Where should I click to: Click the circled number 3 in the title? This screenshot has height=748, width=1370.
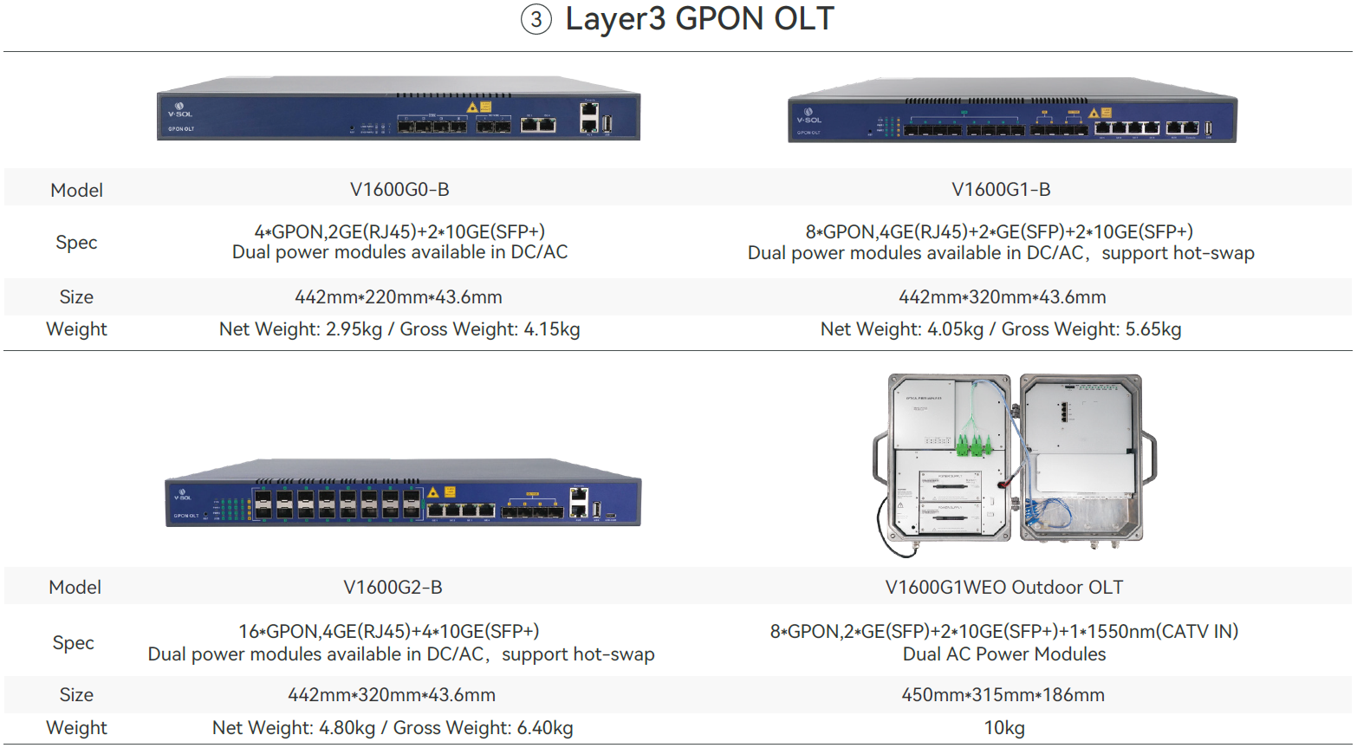pyautogui.click(x=536, y=19)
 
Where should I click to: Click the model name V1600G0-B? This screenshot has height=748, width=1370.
pyautogui.click(x=399, y=189)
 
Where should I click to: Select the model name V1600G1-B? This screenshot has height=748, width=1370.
pyautogui.click(x=1001, y=189)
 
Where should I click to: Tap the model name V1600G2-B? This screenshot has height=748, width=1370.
pyautogui.click(x=393, y=587)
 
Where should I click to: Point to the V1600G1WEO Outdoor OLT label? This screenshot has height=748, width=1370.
pyautogui.click(x=1003, y=587)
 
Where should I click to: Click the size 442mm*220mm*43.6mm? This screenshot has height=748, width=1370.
pyautogui.click(x=399, y=296)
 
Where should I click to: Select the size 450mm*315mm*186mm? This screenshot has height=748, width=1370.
pyautogui.click(x=1003, y=694)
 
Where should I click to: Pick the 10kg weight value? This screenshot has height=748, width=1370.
pyautogui.click(x=1003, y=727)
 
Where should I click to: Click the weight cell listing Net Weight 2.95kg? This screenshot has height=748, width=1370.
pyautogui.click(x=399, y=328)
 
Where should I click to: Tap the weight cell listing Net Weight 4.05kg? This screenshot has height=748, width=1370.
pyautogui.click(x=1001, y=328)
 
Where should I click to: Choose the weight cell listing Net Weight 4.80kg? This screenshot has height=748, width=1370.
pyautogui.click(x=393, y=727)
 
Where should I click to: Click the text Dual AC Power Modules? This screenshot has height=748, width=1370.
pyautogui.click(x=1003, y=654)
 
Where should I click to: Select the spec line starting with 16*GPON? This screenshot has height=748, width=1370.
pyautogui.click(x=389, y=631)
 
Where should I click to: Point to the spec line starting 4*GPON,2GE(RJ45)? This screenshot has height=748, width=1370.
pyautogui.click(x=399, y=231)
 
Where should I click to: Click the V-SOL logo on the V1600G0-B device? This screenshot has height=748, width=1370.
pyautogui.click(x=180, y=110)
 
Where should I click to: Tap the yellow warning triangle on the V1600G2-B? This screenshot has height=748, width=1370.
pyautogui.click(x=433, y=492)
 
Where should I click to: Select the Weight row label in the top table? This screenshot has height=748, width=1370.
pyautogui.click(x=76, y=328)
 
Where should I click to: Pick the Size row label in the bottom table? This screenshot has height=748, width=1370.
pyautogui.click(x=76, y=694)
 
